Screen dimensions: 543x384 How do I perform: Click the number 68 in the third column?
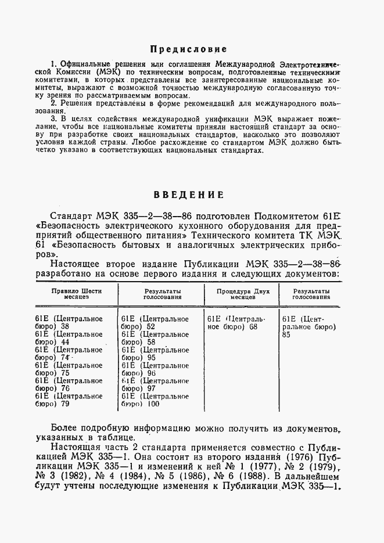coord(253,326)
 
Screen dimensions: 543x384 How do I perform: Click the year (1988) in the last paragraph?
coord(244,476)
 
